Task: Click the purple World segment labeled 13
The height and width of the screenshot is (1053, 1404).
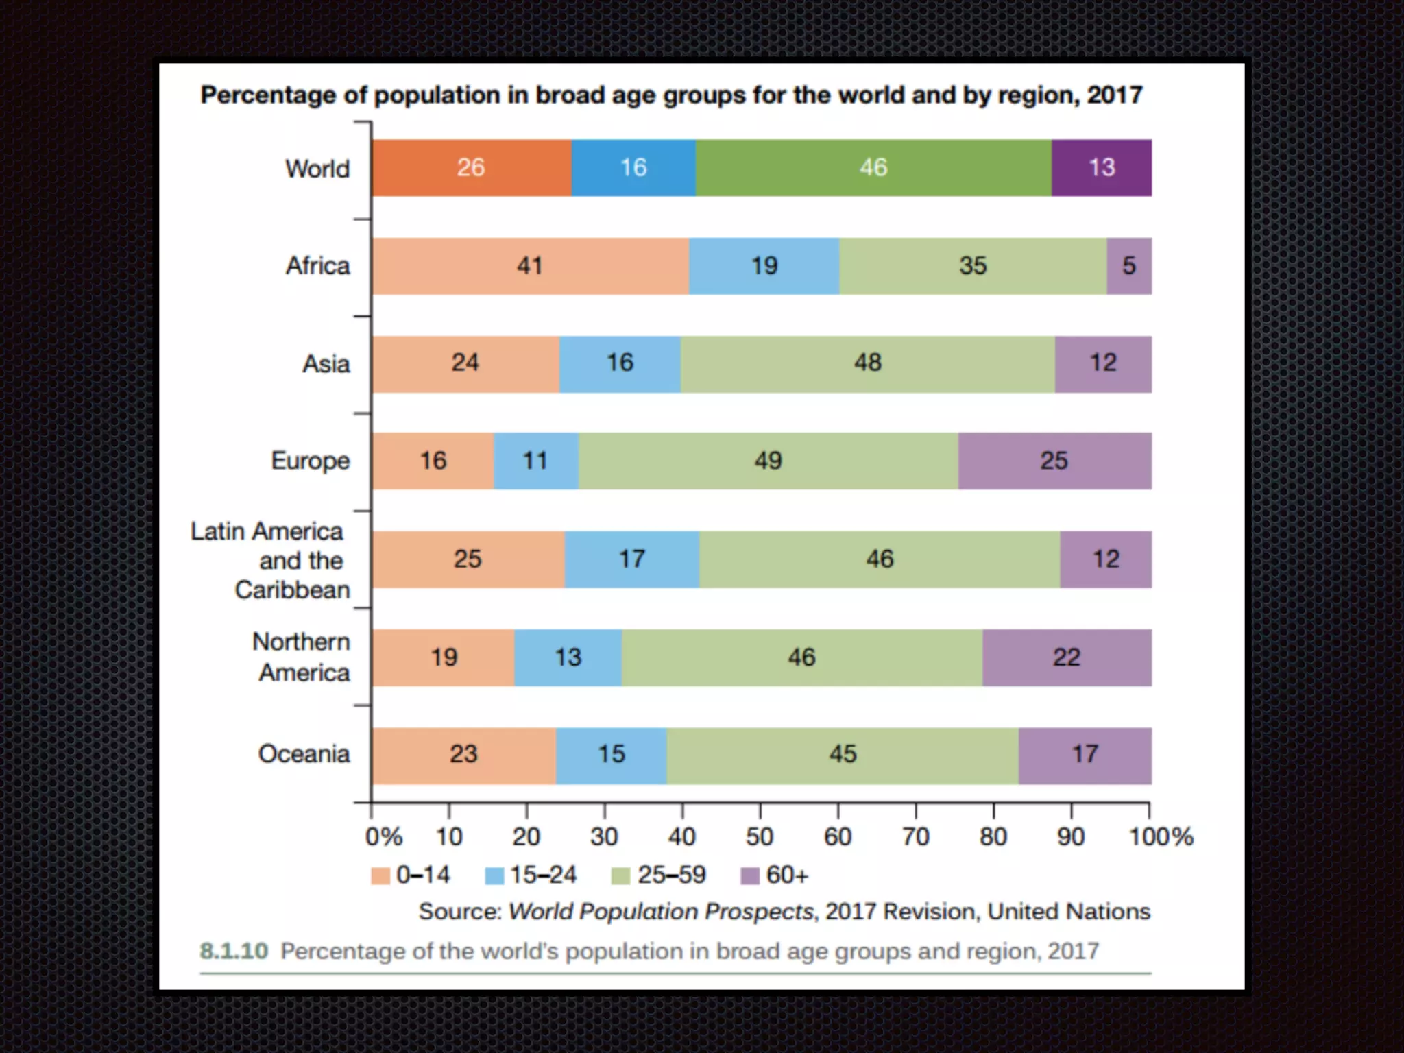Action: (x=1101, y=168)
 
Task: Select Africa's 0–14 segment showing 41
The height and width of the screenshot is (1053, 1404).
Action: (x=530, y=266)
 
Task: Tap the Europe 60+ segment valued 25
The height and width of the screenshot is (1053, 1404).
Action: (x=1054, y=461)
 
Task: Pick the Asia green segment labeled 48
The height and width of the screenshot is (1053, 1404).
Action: (x=867, y=363)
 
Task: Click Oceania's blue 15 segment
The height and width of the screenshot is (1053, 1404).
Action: (x=611, y=755)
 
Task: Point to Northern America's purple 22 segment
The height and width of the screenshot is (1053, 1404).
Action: (x=1066, y=657)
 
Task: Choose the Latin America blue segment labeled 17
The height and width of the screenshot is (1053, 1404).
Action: (x=631, y=559)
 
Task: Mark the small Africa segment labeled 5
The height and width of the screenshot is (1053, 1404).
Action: (x=1128, y=266)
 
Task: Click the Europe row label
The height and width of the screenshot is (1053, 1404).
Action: (x=310, y=461)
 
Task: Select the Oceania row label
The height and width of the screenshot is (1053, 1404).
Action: (x=304, y=754)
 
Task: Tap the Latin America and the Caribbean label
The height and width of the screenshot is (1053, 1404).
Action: (x=270, y=560)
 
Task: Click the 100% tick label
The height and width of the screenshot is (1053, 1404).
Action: (x=1161, y=837)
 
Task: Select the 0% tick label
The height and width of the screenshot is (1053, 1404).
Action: (x=383, y=837)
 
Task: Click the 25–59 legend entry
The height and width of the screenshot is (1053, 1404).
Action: (x=659, y=875)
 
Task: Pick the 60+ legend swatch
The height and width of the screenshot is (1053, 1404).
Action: (x=750, y=876)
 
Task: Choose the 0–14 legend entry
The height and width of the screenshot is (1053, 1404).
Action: (x=411, y=875)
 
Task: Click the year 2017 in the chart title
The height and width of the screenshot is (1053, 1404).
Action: (x=1115, y=95)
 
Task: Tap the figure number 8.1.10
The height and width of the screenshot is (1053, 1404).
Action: (x=234, y=952)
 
